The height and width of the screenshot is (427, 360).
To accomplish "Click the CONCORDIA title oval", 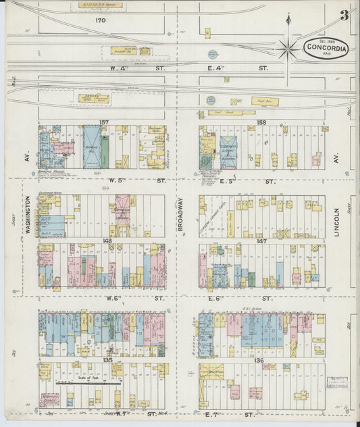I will click(x=326, y=48).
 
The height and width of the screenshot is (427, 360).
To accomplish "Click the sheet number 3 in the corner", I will click(x=344, y=15).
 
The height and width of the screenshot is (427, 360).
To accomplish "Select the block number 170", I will click(x=101, y=21).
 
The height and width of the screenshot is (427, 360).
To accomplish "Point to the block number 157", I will click(x=104, y=122).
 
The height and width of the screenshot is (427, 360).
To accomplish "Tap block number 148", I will click(x=107, y=240).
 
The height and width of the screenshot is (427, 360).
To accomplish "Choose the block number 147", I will click(x=262, y=240).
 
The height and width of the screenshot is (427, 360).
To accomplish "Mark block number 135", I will click(x=107, y=360).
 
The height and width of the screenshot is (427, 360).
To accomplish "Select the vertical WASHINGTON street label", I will click(x=28, y=215).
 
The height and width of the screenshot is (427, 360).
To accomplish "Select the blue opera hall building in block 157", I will click(x=92, y=146).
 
